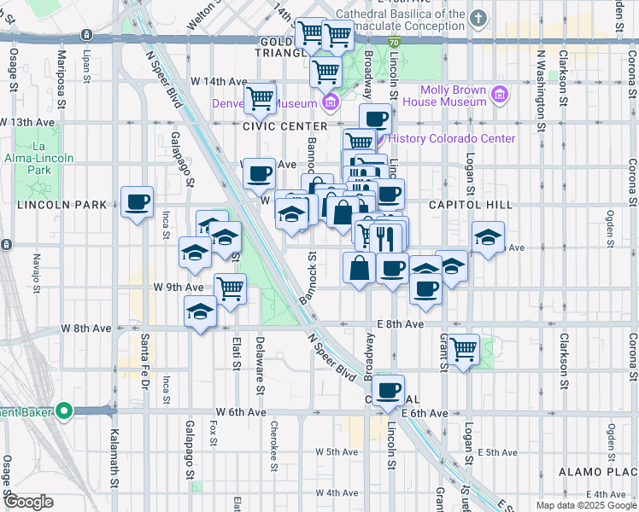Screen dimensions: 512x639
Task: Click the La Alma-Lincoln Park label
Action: click(x=52, y=158)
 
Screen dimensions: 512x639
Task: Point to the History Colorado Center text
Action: click(x=452, y=139)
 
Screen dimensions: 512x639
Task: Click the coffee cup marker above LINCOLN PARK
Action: click(x=137, y=203)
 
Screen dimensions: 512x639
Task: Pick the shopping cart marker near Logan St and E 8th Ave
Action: click(x=463, y=347)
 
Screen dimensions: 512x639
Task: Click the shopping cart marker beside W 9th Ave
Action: click(x=230, y=289)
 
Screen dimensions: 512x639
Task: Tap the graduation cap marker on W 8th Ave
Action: click(x=200, y=312)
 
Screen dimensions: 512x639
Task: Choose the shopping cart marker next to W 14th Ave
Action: click(x=260, y=98)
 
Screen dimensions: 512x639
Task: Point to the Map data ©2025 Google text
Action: click(x=585, y=505)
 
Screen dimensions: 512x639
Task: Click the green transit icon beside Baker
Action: click(x=65, y=412)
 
